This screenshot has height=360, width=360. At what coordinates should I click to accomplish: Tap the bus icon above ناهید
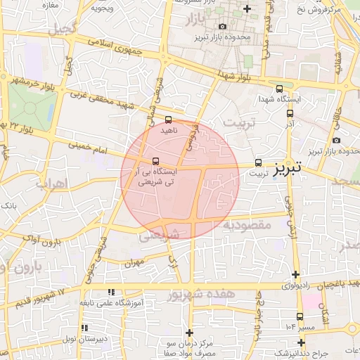[x=168, y=120]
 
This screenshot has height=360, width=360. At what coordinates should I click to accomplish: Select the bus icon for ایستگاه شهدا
[x=280, y=89]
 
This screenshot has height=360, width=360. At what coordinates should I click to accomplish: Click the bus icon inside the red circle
[x=155, y=160]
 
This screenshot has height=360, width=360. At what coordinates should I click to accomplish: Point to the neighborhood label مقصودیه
[x=247, y=226]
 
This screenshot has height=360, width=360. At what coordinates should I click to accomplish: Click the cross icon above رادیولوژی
[x=295, y=275]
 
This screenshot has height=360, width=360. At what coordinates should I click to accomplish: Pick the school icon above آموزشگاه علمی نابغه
[x=110, y=291]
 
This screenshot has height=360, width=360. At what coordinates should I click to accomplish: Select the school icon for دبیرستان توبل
[x=85, y=328]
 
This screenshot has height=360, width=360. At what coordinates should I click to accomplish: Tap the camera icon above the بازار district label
[x=223, y=27]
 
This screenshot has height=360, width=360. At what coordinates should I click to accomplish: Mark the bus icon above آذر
[x=290, y=112]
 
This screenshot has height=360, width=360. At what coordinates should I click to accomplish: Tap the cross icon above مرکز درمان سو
[x=188, y=333]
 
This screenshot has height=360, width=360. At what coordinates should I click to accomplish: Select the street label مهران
[x=133, y=264]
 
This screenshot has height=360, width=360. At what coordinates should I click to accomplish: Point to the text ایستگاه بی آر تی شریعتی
[x=157, y=176]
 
